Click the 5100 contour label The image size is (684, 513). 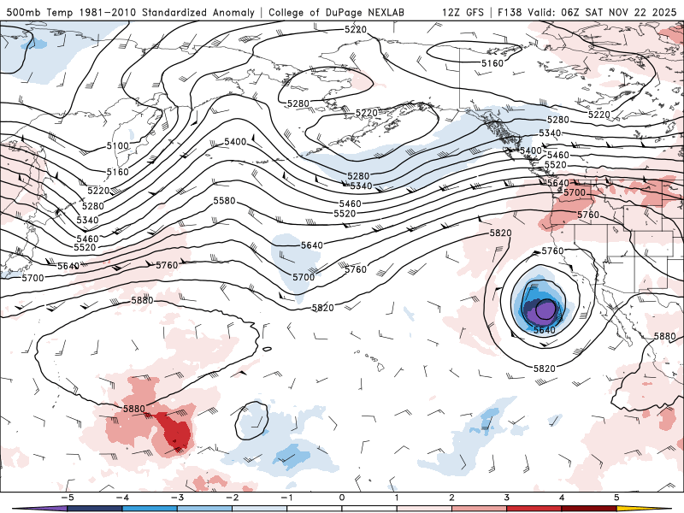(117, 146)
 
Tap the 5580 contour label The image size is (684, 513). (223, 200)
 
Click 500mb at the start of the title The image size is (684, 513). (22, 12)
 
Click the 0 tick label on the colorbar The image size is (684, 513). (341, 497)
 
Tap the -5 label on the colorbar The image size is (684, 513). (66, 497)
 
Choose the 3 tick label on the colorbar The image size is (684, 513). (507, 497)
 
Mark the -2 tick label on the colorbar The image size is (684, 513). (231, 497)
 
